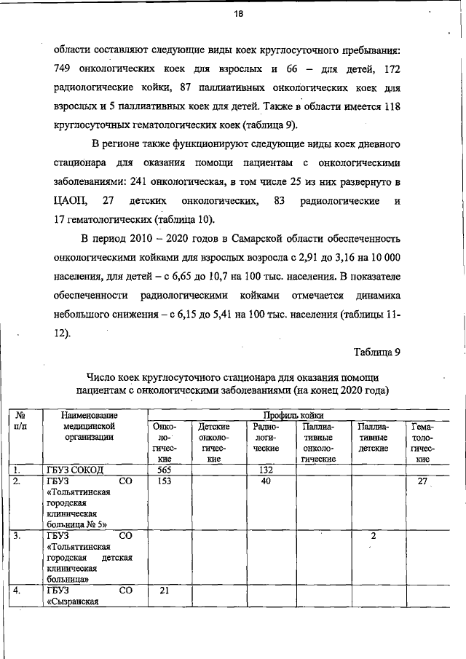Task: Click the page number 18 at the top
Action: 237,14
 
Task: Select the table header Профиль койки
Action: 293,414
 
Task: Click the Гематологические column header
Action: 423,443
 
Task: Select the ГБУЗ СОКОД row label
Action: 76,470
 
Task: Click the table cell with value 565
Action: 168,470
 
